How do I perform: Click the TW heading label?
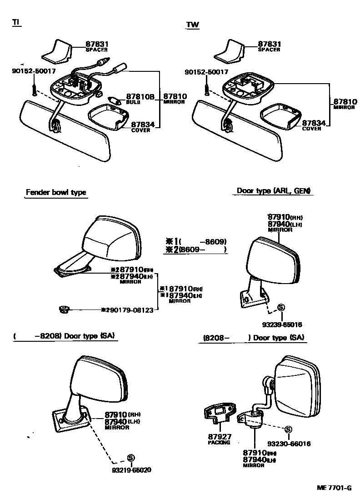(x=192, y=25)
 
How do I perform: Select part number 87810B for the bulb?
(x=140, y=97)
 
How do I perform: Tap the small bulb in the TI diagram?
(x=114, y=100)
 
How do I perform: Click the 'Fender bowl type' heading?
(x=56, y=193)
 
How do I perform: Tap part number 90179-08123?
(x=130, y=309)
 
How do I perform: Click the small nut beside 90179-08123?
(x=64, y=309)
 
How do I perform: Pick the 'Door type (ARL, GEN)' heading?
(x=275, y=191)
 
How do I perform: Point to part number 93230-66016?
(x=289, y=444)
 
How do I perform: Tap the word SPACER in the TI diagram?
(x=97, y=50)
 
